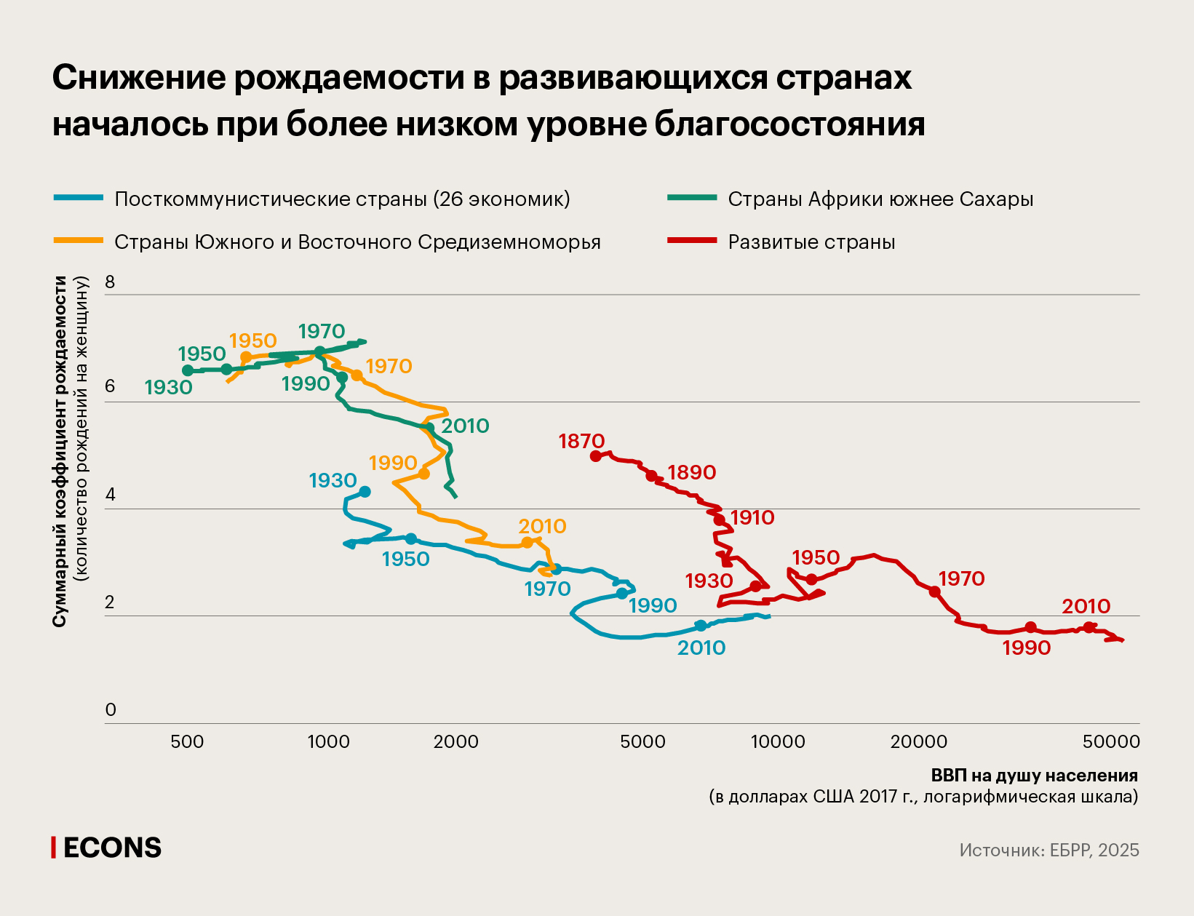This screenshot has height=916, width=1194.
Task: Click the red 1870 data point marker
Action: click(595, 456)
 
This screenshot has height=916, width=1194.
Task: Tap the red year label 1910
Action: click(752, 518)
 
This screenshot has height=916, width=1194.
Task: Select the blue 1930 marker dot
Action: click(365, 492)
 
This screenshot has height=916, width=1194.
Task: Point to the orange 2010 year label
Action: click(542, 526)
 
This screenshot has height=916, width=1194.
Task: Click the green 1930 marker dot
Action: click(188, 370)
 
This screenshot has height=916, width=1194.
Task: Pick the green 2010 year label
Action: click(465, 426)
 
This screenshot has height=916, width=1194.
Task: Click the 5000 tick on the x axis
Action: click(643, 742)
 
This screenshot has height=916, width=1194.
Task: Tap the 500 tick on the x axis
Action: click(187, 742)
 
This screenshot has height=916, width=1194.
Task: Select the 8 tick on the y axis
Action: click(111, 282)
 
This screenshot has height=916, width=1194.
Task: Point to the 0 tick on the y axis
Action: click(111, 710)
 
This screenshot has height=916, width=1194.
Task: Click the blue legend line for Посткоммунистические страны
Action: click(79, 197)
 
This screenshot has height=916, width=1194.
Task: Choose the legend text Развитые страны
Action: click(811, 242)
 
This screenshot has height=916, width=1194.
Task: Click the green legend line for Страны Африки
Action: click(692, 197)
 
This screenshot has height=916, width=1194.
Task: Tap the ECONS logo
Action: click(107, 848)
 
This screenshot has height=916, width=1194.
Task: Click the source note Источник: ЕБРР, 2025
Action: click(1048, 851)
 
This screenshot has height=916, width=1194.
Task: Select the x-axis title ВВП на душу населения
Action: click(1034, 776)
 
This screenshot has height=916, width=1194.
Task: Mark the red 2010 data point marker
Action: click(1088, 627)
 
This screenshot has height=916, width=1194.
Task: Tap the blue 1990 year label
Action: click(653, 605)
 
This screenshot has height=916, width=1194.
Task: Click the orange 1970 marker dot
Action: click(357, 375)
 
